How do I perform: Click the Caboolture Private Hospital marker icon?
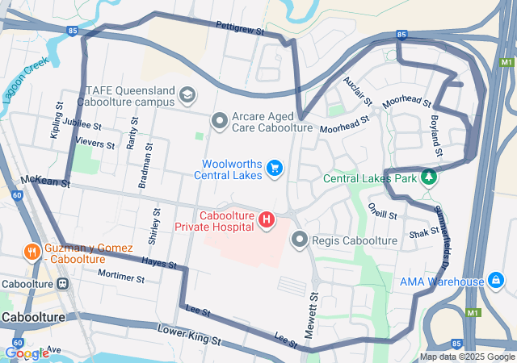[x=265, y=219]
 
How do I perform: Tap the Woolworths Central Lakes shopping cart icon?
[x=275, y=168]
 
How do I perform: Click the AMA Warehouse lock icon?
[x=496, y=281]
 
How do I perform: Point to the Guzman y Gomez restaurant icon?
[x=32, y=251]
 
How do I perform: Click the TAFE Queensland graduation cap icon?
[x=187, y=96]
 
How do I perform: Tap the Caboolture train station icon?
[x=62, y=283]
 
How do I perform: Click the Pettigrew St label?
[x=241, y=27]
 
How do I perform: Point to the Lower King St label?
[x=188, y=335]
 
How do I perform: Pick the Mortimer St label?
[x=120, y=277]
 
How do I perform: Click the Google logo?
[x=27, y=353]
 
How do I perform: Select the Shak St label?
[x=423, y=232]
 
